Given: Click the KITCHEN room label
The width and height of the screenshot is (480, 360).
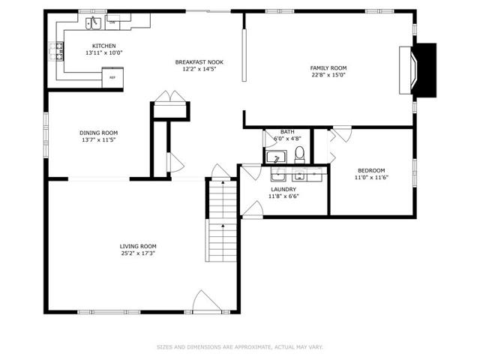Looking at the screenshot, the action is tap(104, 46).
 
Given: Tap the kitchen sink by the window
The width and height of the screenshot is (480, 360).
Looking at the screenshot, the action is tap(93, 23).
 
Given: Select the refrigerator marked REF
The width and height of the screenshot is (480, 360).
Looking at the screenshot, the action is tap(112, 77).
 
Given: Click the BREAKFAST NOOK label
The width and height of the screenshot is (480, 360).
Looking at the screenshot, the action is tap(199, 62).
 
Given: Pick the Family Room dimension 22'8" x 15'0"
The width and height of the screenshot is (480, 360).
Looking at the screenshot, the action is tap(328, 75).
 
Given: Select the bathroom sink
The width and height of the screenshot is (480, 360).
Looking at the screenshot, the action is tap(276, 157).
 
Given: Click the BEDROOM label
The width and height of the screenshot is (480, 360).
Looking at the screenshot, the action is tap(371, 170).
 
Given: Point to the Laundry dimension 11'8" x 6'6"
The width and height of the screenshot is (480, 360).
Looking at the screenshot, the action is tap(283, 196).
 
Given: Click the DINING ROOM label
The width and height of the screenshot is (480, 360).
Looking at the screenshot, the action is tap(98, 133).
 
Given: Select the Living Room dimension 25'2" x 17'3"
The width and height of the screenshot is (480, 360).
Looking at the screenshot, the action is tap(138, 253).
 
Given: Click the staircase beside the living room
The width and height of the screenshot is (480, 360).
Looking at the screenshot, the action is tap(221, 220).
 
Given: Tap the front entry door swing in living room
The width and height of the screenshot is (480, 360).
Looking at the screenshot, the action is tap(207, 301).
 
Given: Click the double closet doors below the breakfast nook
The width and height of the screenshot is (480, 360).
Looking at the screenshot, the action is tap(170, 97).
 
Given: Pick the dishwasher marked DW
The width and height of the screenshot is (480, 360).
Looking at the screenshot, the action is tap(112, 22).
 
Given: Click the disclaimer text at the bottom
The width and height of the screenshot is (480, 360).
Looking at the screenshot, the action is tap(240, 347).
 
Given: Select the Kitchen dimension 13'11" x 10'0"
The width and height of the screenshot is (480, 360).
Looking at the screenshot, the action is tap(104, 52).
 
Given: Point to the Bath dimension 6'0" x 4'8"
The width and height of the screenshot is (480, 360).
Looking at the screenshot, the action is tap(287, 138).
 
